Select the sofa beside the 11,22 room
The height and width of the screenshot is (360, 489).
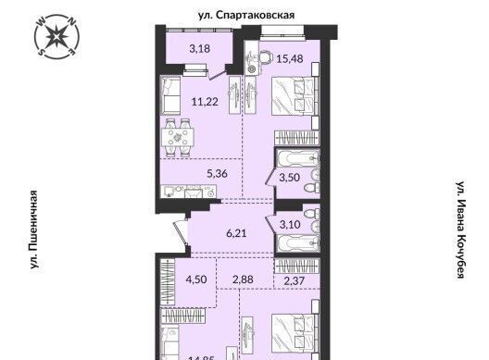pos(171,94)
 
